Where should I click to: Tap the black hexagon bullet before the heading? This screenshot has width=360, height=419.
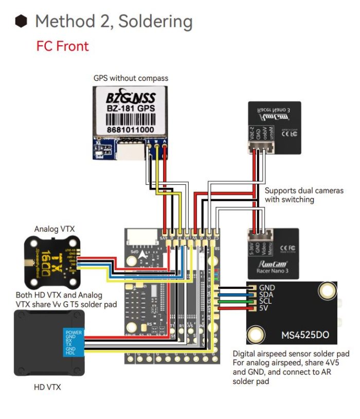click(21, 21)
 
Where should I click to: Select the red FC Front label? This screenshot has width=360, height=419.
click(62, 46)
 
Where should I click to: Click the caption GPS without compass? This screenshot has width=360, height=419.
click(131, 78)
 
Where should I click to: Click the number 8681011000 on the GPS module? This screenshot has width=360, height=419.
click(131, 129)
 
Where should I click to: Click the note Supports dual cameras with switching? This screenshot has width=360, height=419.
click(303, 195)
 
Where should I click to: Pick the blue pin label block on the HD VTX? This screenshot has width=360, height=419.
click(73, 342)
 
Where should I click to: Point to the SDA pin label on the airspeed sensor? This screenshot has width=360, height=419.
click(266, 295)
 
